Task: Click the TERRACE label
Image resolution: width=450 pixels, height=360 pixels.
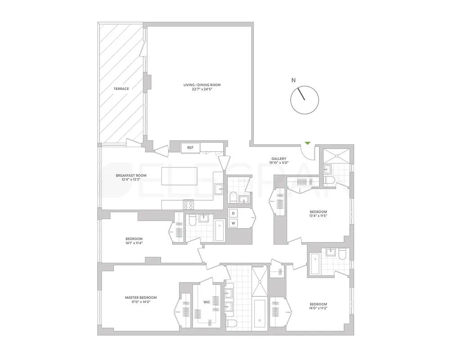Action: [x=121, y=89]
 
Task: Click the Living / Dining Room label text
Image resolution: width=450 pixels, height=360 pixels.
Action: [x=202, y=85]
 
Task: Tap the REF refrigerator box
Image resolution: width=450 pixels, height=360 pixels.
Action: [x=190, y=147]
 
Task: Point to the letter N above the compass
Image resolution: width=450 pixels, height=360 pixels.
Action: [x=293, y=81]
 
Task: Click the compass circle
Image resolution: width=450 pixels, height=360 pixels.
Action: [x=305, y=100]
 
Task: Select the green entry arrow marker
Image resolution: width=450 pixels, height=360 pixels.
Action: [x=307, y=143]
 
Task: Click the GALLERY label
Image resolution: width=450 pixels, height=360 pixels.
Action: [x=279, y=158]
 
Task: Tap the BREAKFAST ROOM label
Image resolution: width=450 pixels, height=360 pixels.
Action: [x=131, y=175]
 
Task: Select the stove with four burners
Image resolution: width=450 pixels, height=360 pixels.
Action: [x=188, y=205]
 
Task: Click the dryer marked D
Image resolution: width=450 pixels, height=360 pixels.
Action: [x=234, y=213]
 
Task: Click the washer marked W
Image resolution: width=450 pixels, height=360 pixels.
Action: [x=234, y=223]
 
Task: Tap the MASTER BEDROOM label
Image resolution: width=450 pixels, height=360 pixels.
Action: [x=141, y=297]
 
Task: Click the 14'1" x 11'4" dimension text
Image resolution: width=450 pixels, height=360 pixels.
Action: [x=134, y=243]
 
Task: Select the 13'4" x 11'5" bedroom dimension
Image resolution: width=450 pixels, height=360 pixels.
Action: [x=318, y=216]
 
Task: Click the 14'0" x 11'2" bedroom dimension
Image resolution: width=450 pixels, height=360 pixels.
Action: [x=318, y=309]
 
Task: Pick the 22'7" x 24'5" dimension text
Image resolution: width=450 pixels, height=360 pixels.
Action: [x=202, y=89]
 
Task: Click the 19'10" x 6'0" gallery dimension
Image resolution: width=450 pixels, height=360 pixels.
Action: [x=279, y=163]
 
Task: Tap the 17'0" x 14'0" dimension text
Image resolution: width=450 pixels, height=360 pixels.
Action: [x=141, y=302]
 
